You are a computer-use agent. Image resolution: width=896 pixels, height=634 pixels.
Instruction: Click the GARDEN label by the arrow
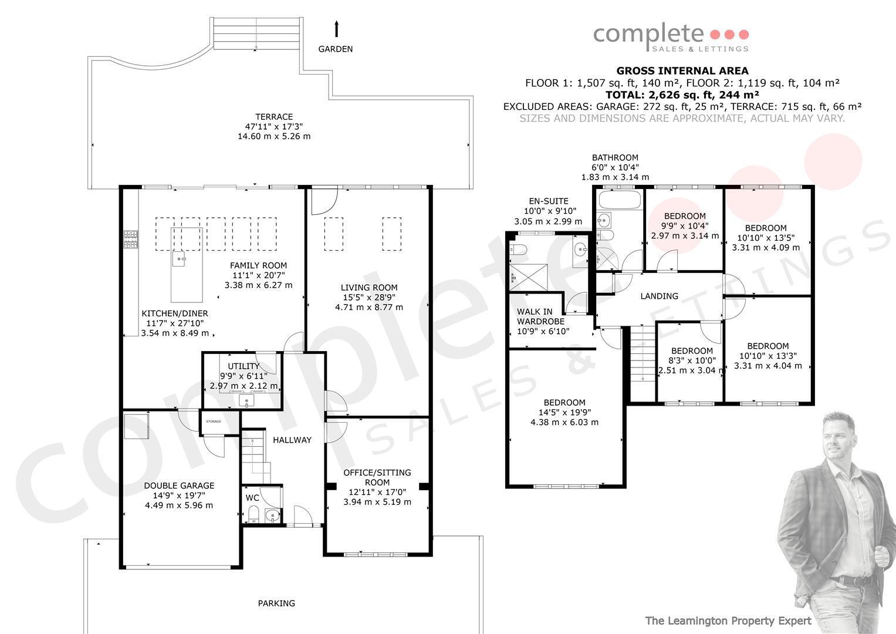(335, 49)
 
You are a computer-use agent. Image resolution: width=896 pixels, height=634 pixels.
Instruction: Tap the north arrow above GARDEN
(336, 29)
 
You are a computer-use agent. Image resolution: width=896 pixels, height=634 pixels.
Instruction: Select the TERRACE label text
(274, 117)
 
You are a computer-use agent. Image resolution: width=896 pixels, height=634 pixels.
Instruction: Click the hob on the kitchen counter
(130, 240)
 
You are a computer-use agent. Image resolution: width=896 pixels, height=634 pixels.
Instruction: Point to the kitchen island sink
(179, 259)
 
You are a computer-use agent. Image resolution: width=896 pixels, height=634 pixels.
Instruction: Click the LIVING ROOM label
(369, 288)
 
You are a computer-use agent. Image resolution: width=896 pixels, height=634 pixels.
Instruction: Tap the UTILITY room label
(244, 366)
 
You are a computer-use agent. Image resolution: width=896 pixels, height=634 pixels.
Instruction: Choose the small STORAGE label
(214, 421)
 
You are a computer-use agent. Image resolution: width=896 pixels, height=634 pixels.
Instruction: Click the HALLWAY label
(292, 440)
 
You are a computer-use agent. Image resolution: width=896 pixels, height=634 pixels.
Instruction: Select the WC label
(252, 498)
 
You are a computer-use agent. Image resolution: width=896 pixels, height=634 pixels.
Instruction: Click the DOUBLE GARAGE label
(179, 486)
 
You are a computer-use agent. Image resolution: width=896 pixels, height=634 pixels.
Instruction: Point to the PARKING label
(276, 603)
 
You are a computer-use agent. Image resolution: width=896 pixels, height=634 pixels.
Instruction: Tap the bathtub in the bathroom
(620, 200)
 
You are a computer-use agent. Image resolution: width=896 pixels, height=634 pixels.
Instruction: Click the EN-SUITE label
(549, 201)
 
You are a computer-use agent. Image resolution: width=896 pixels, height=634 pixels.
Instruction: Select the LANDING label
(659, 296)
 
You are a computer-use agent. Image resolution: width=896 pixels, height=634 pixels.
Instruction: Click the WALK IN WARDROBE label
(541, 316)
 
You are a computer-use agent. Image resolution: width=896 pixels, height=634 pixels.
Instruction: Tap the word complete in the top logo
(648, 35)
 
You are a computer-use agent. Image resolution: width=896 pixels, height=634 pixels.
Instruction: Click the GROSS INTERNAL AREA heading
(682, 71)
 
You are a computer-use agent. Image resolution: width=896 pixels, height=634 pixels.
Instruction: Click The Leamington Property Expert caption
(728, 621)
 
